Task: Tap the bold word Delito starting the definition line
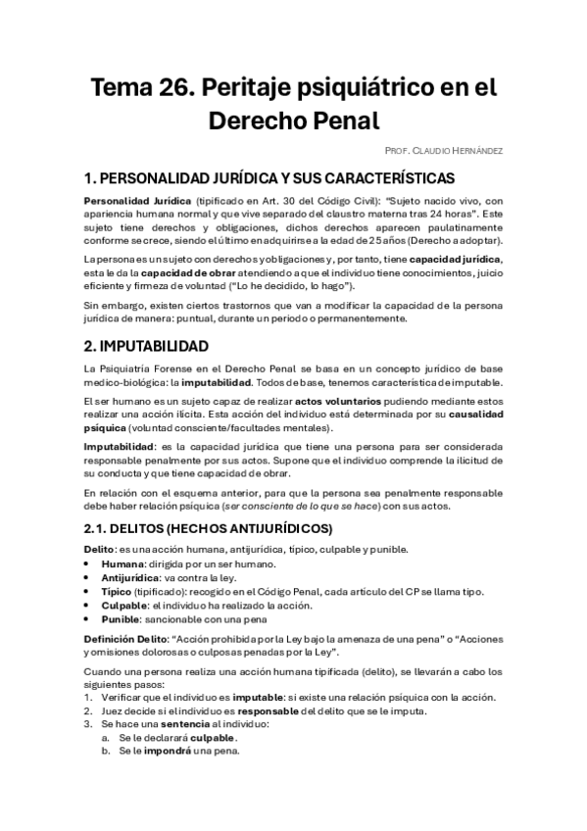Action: point(99,549)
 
